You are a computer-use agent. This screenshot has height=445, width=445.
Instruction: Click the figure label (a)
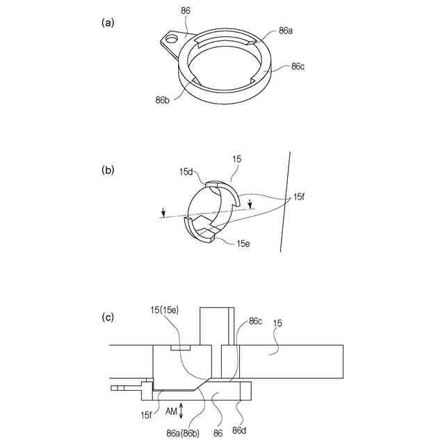(x=108, y=23)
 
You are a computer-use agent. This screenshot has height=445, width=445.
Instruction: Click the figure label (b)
(x=108, y=169)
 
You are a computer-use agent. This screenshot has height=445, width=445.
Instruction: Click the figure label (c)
(x=108, y=317)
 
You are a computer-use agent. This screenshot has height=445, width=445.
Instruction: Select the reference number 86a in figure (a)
(x=286, y=31)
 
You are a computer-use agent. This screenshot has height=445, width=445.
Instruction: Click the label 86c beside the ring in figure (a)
(x=297, y=67)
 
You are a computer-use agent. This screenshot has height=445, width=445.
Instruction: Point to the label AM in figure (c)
(x=171, y=412)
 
